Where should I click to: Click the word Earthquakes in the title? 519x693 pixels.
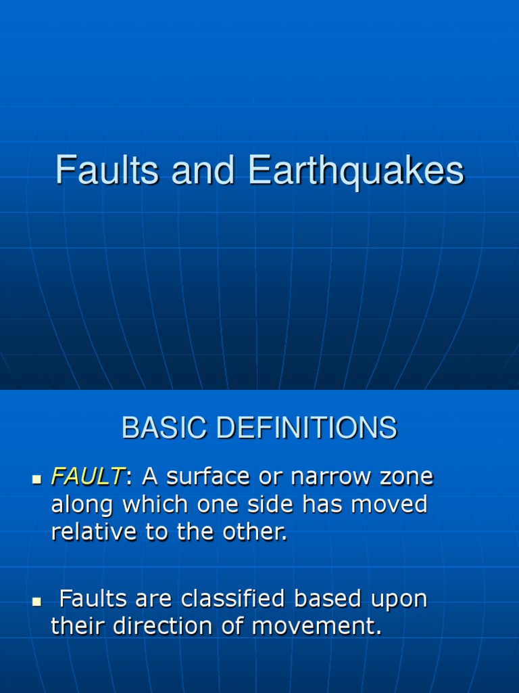click(356, 171)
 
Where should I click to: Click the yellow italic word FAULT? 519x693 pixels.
click(87, 477)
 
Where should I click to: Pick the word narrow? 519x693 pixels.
click(330, 477)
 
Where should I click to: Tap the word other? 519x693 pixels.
click(255, 532)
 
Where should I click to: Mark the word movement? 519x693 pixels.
click(316, 627)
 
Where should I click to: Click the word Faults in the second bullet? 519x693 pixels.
click(93, 600)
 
